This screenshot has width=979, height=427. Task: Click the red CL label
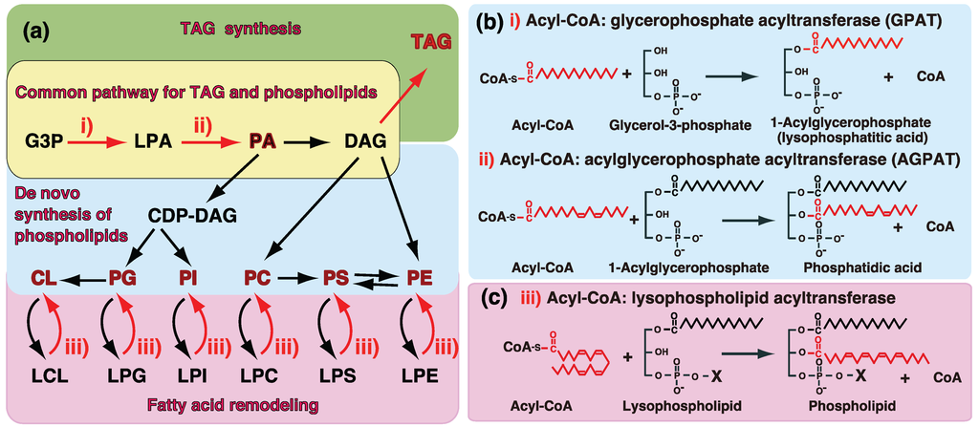pyautogui.click(x=43, y=279)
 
